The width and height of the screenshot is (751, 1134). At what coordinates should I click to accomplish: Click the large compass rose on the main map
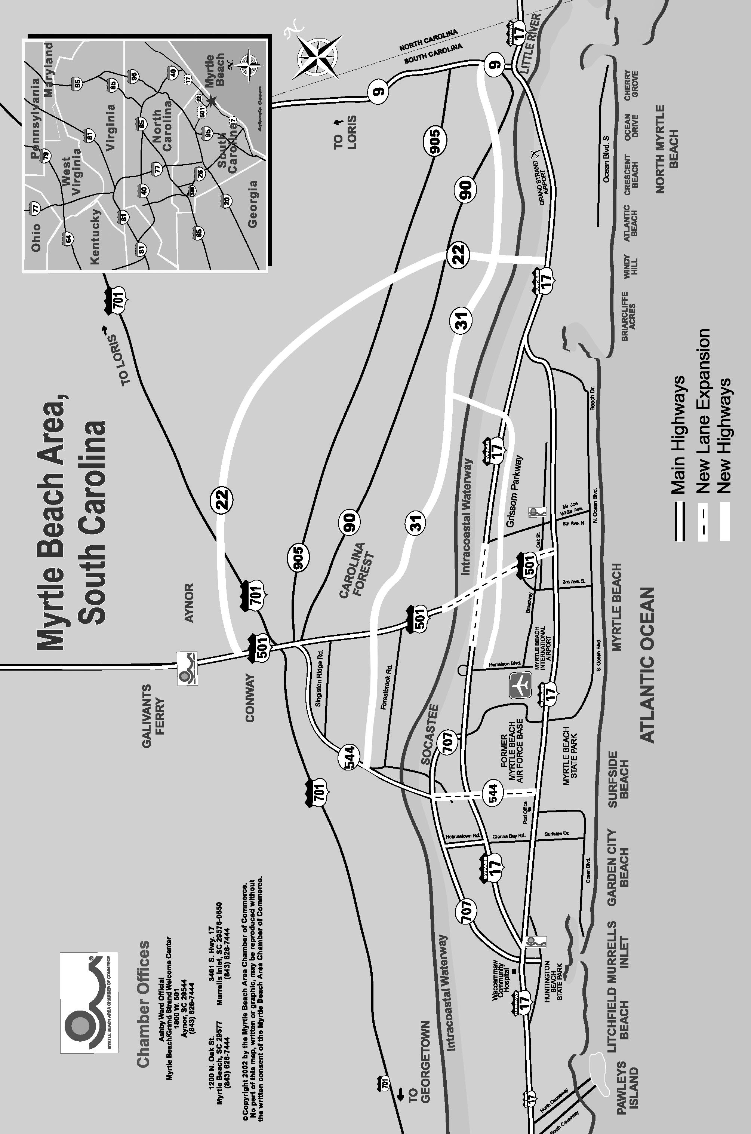click(317, 57)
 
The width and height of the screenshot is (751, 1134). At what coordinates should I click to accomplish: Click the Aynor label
click(189, 603)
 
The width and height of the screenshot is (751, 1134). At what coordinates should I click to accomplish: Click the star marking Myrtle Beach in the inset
click(211, 101)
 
